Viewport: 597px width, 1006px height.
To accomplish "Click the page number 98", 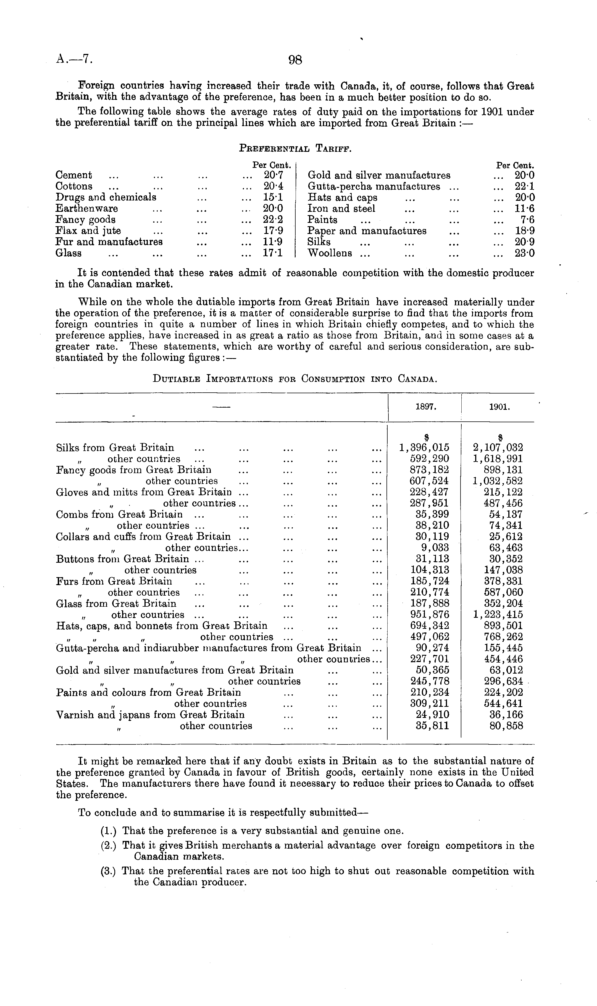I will pyautogui.click(x=295, y=60).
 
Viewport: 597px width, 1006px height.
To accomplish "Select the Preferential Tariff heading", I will pyautogui.click(x=295, y=148).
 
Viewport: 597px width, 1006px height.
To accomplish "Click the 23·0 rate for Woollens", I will pyautogui.click(x=524, y=253).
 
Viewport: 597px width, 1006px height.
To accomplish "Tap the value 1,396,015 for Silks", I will pyautogui.click(x=424, y=448).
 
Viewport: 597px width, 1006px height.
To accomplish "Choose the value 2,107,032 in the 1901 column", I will pyautogui.click(x=498, y=448).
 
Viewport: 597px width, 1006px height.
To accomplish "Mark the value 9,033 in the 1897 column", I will pyautogui.click(x=435, y=548).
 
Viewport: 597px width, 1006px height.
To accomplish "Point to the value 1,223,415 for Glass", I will pyautogui.click(x=498, y=615).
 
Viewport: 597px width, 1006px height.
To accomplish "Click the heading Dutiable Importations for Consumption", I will pyautogui.click(x=295, y=379).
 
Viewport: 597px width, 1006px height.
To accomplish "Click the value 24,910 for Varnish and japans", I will pyautogui.click(x=432, y=715).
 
